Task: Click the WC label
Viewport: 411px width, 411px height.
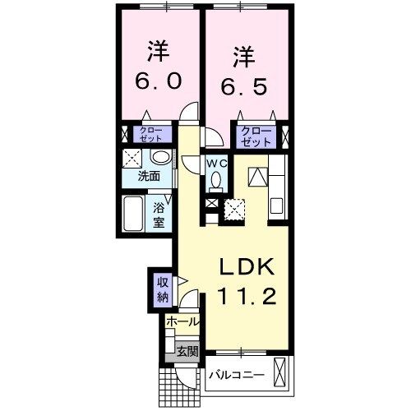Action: point(215,164)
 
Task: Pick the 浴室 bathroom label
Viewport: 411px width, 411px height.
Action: point(159,215)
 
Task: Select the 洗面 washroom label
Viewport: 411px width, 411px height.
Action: point(148,175)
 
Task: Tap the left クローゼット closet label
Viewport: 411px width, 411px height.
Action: point(150,134)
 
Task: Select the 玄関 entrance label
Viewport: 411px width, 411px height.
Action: point(187,352)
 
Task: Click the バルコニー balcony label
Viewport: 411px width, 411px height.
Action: point(236,375)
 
